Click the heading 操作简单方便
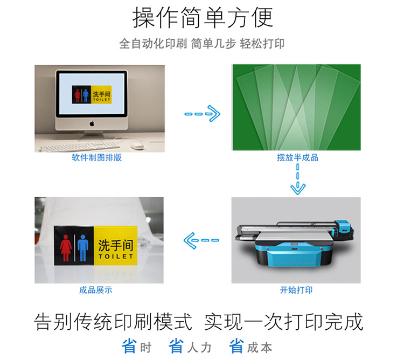pyautogui.click(x=203, y=18)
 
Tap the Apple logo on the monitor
pyautogui.click(x=92, y=124)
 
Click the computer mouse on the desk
pyautogui.click(x=137, y=146)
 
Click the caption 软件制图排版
pyautogui.click(x=96, y=157)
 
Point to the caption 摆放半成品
pyautogui.click(x=297, y=157)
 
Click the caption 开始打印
pyautogui.click(x=296, y=290)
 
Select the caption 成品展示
pyautogui.click(x=95, y=290)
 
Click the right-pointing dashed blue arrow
pyautogui.click(x=203, y=114)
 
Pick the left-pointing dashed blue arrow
pyautogui.click(x=201, y=240)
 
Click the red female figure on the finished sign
pyautogui.click(x=66, y=248)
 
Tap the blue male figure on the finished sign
pyautogui.click(x=83, y=248)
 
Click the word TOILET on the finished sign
pyautogui.click(x=116, y=257)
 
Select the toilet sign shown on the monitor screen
pyautogui.click(x=92, y=94)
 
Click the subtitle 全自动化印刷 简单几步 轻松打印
pyautogui.click(x=202, y=44)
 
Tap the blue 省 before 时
pyautogui.click(x=129, y=346)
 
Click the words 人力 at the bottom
pyautogui.click(x=199, y=348)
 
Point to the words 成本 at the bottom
pyautogui.click(x=260, y=348)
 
